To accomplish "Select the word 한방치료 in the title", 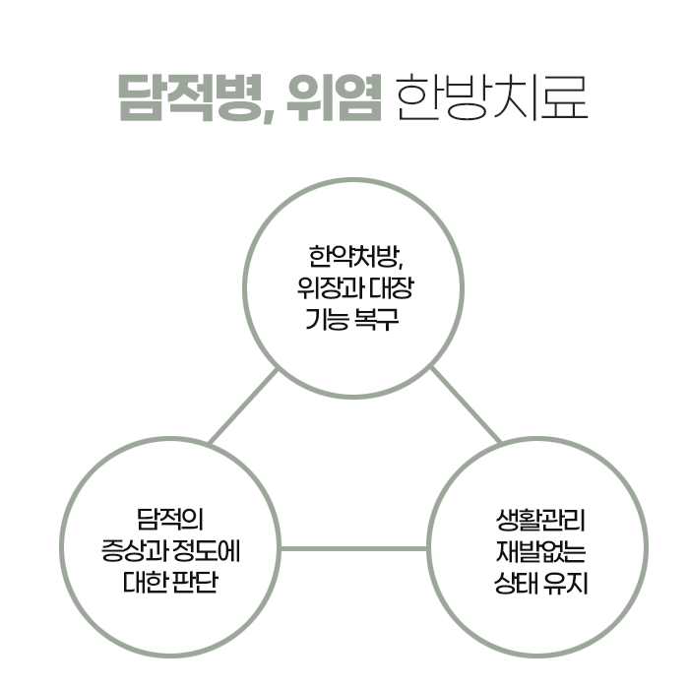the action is pos(489,96).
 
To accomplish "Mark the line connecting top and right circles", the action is pos(466,406).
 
